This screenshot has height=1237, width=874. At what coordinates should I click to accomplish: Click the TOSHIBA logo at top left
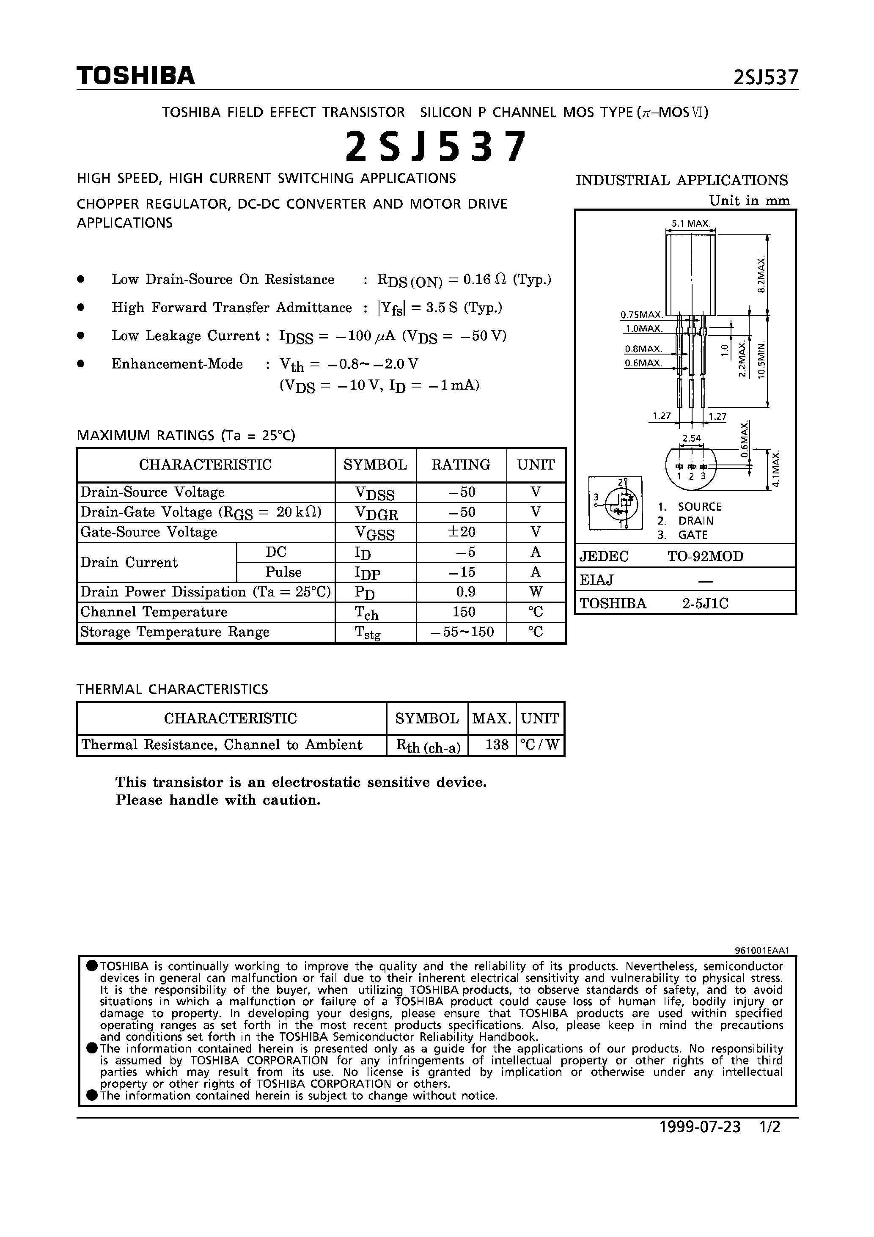coord(135,75)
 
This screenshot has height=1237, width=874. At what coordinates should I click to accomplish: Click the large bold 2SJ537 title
coord(434,147)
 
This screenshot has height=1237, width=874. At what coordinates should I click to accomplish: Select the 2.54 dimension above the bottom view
coord(691,438)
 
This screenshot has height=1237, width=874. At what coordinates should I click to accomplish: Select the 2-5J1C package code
coord(705,603)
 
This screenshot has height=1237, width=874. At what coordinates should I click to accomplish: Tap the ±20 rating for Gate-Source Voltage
coord(461,532)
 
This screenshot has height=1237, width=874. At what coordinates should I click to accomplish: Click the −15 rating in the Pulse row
coord(461,572)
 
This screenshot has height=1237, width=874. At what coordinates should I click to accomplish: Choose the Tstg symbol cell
coord(368,632)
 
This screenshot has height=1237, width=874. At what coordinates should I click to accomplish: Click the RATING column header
coord(461,465)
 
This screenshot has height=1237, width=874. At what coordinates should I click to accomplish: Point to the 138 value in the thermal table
coord(496,745)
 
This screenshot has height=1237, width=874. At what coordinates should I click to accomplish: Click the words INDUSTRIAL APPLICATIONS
coord(681,180)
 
